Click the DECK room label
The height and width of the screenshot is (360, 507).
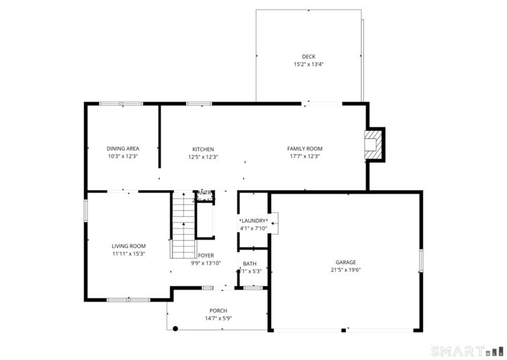pyautogui.click(x=308, y=56)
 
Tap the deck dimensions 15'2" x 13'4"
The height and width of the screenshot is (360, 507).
pyautogui.click(x=308, y=65)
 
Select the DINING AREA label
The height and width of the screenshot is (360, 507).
pyautogui.click(x=123, y=149)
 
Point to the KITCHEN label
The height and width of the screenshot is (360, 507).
pyautogui.click(x=203, y=149)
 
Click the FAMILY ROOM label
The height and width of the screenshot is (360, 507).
pyautogui.click(x=304, y=149)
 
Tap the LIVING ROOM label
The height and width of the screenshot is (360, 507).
pyautogui.click(x=128, y=246)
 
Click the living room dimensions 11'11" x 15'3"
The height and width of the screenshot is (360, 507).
pyautogui.click(x=128, y=254)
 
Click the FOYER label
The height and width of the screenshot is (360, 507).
pyautogui.click(x=206, y=256)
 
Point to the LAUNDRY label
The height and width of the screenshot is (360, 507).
pyautogui.click(x=254, y=221)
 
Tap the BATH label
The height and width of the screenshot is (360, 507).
pyautogui.click(x=250, y=264)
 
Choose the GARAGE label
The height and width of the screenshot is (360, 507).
pyautogui.click(x=346, y=261)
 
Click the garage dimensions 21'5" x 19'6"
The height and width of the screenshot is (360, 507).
pyautogui.click(x=346, y=270)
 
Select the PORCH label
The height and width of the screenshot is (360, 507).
pyautogui.click(x=218, y=311)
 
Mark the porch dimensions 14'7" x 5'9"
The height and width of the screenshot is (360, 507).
pyautogui.click(x=218, y=318)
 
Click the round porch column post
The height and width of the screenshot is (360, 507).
pyautogui.click(x=175, y=328)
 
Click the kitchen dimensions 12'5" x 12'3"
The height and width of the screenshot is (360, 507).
pyautogui.click(x=203, y=157)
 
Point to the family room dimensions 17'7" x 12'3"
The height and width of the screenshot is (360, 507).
pyautogui.click(x=304, y=157)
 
